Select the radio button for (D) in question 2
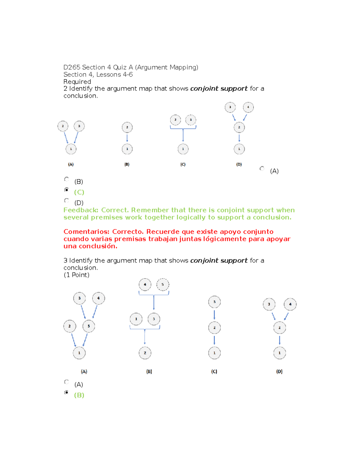pyautogui.click(x=67, y=200)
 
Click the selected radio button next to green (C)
pyautogui.click(x=67, y=190)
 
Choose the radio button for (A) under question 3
pyautogui.click(x=67, y=382)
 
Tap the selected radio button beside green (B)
pyautogui.click(x=67, y=392)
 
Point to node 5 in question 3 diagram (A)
pyautogui.click(x=89, y=326)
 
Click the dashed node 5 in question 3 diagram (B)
pyautogui.click(x=163, y=284)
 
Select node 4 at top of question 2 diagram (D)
pyautogui.click(x=248, y=107)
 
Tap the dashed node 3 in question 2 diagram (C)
pyautogui.click(x=191, y=120)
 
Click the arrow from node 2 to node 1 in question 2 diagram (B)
pyautogui.click(x=127, y=138)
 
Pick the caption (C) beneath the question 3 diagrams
pyautogui.click(x=214, y=371)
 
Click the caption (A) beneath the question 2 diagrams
pyautogui.click(x=71, y=164)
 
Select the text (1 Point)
pyautogui.click(x=76, y=275)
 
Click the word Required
pyautogui.click(x=77, y=82)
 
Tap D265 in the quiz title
pyautogui.click(x=72, y=67)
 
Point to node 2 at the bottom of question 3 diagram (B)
pyautogui.click(x=145, y=353)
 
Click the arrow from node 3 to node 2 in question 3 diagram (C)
pyautogui.click(x=214, y=315)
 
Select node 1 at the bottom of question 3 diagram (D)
pyautogui.click(x=280, y=353)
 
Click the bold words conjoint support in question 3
pyautogui.click(x=219, y=260)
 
